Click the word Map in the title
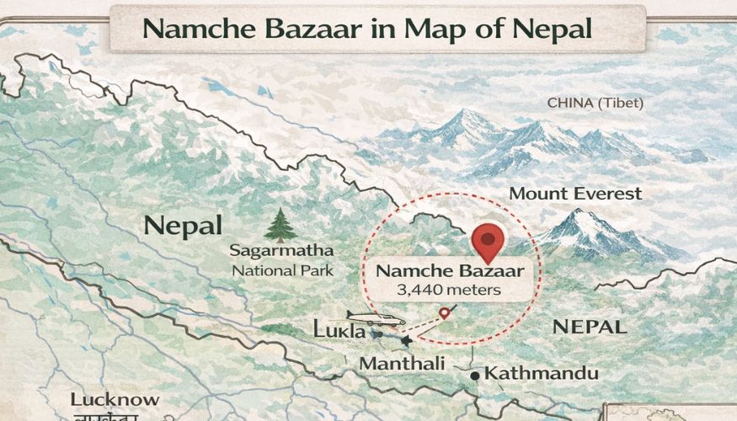point(432,28)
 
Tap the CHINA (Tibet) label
point(595,103)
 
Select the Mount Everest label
point(575,194)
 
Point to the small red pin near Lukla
point(445,313)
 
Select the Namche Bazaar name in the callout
point(449,271)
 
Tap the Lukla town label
point(339,331)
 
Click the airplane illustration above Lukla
point(376,319)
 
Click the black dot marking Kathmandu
point(476,375)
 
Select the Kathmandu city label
point(542,373)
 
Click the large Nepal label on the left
point(183,225)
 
